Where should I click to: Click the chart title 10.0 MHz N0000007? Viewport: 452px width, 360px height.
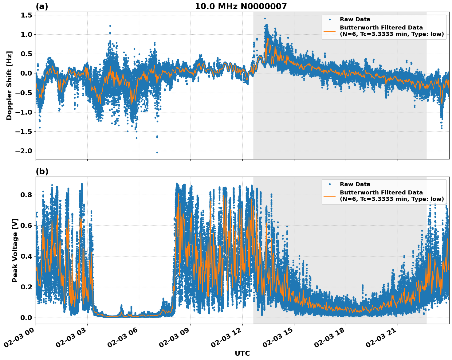tap(241, 6)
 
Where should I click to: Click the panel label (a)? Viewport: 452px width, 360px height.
tap(42, 6)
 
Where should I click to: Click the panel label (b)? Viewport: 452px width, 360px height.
tap(42, 171)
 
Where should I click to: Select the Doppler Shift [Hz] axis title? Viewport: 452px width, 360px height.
tap(9, 85)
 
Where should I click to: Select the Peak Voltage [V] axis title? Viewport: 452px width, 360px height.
tap(15, 250)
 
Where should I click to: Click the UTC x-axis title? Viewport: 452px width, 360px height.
tap(242, 354)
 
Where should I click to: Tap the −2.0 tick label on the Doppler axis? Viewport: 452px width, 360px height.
tap(24, 151)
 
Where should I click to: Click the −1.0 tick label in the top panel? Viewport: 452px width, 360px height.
tap(24, 112)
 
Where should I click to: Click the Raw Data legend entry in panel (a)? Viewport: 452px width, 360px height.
tap(355, 19)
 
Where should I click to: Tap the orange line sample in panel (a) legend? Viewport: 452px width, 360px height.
tap(329, 31)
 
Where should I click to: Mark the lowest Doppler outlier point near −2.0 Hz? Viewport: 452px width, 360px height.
tap(157, 152)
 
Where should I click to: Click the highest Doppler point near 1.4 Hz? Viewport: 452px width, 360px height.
tap(265, 18)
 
